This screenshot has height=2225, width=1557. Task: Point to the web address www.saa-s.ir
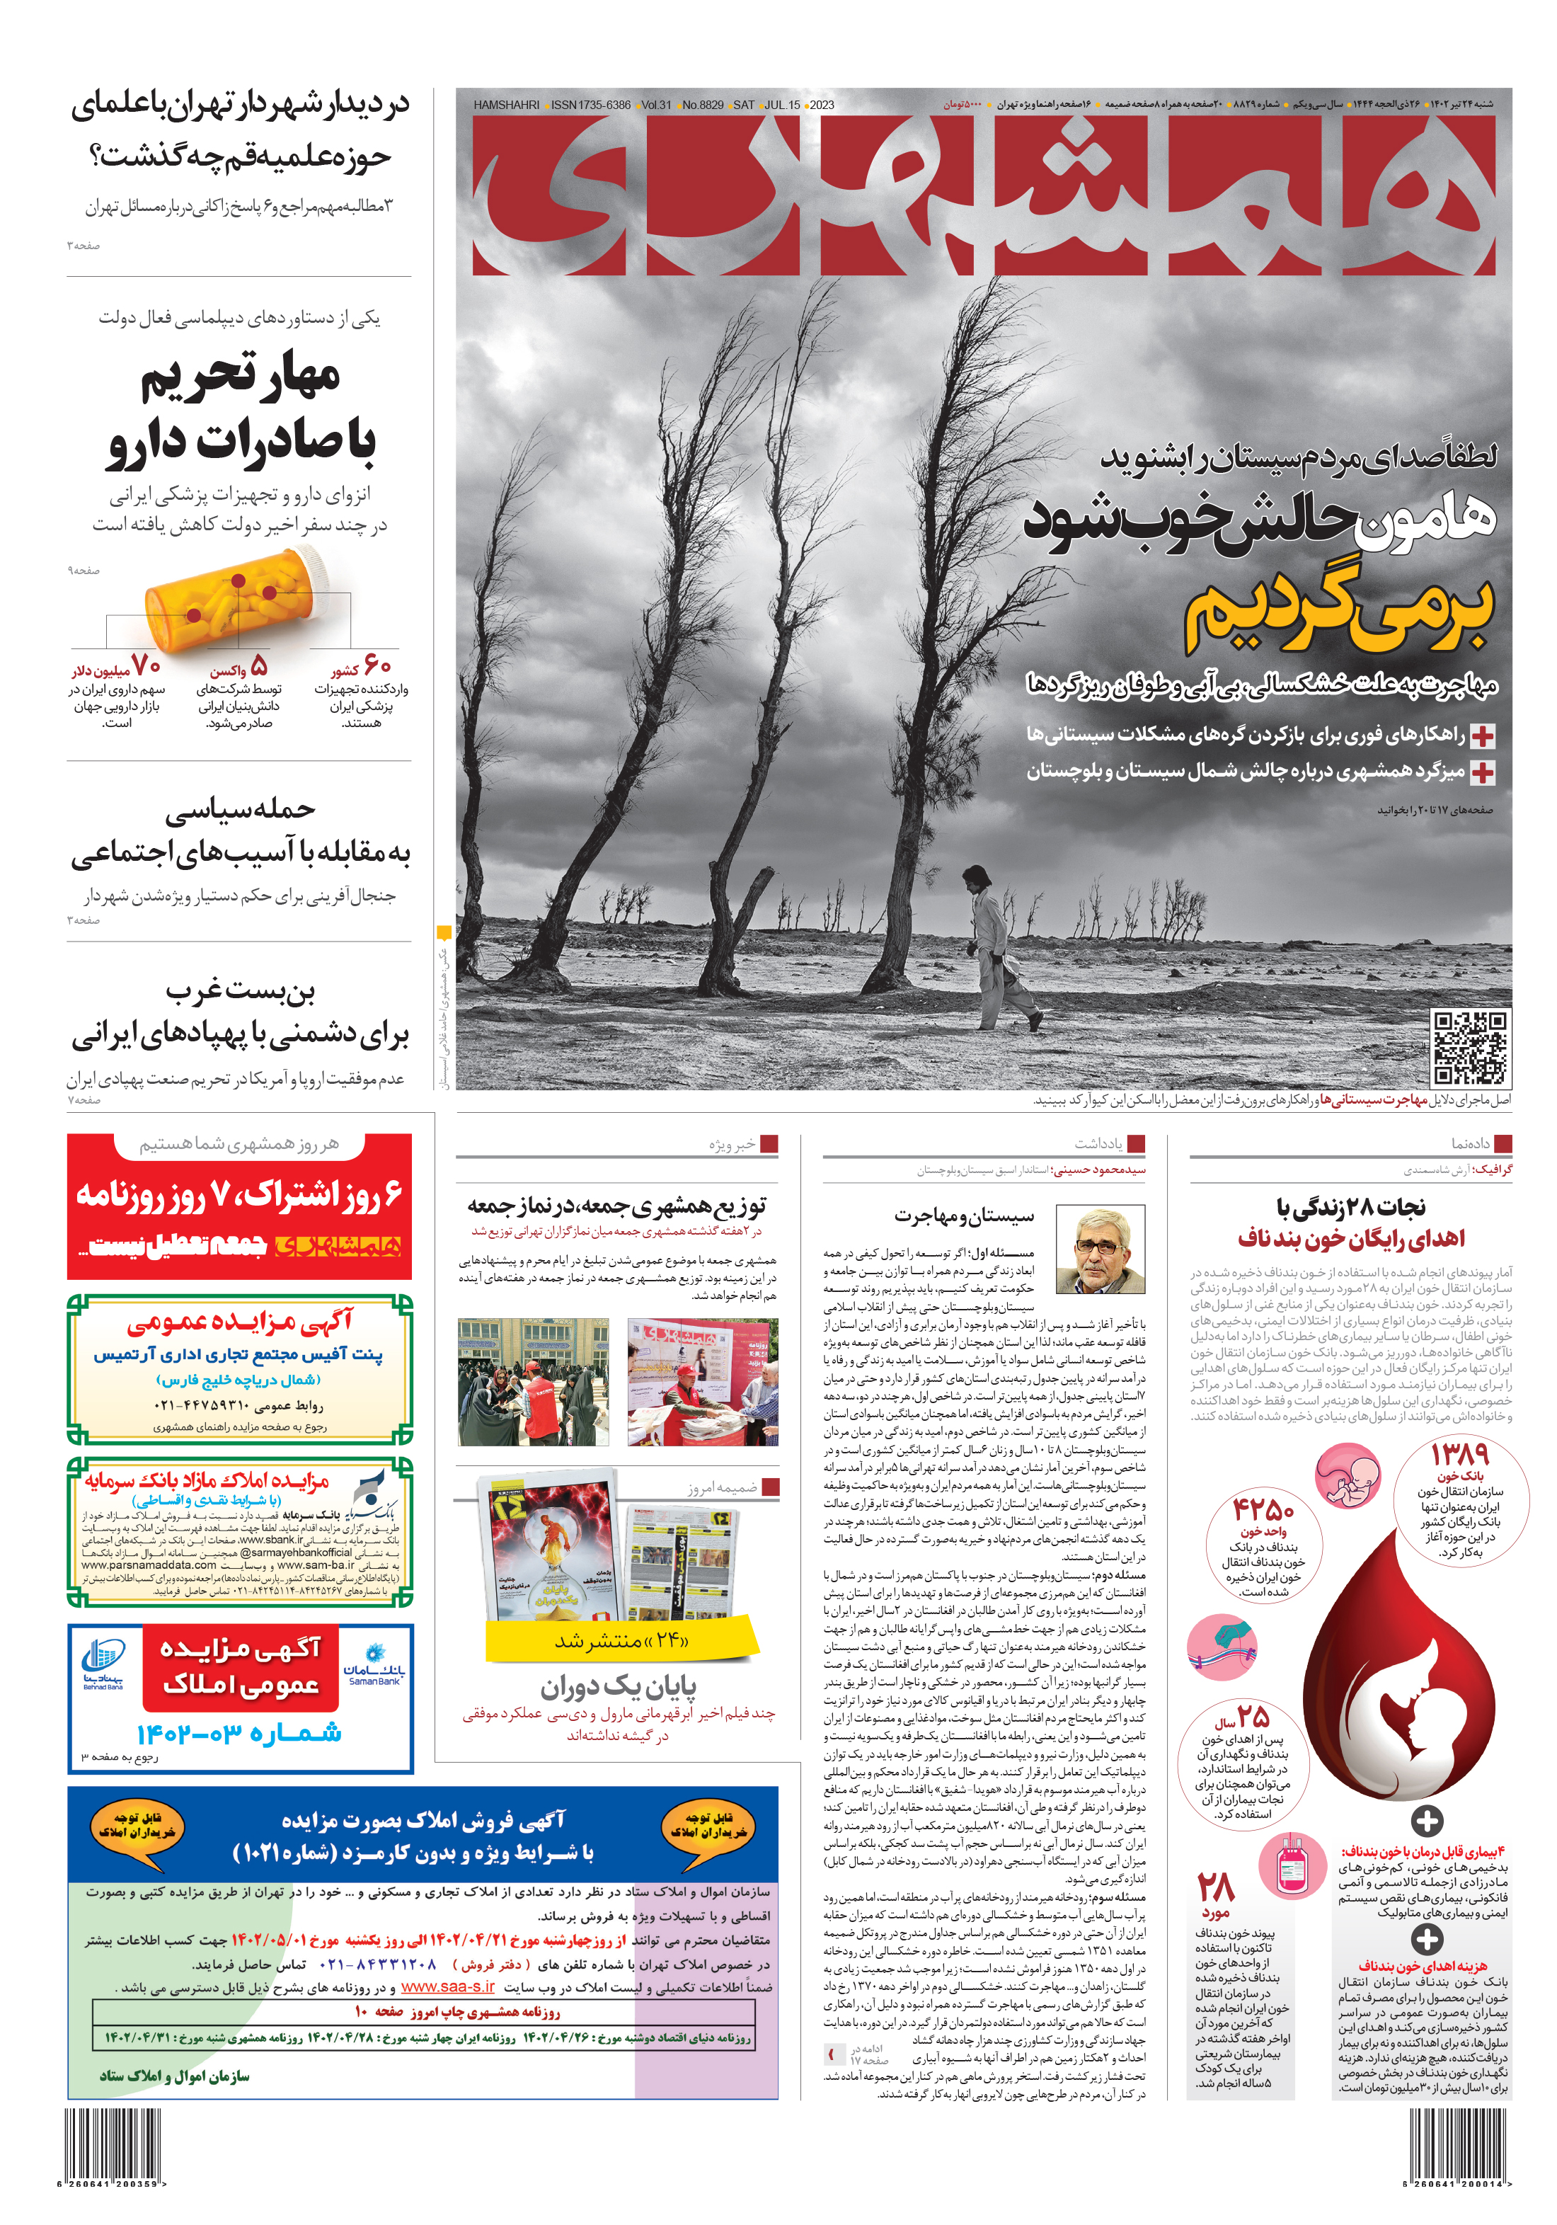[x=447, y=1986]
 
